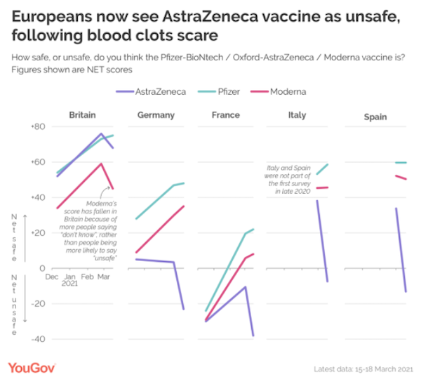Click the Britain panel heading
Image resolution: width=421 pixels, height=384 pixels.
click(x=82, y=114)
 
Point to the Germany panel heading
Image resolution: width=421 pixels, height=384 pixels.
click(x=156, y=115)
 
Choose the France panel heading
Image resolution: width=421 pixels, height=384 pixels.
click(x=226, y=115)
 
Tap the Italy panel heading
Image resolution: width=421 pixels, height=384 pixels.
click(x=297, y=114)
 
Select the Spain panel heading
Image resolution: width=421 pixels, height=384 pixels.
click(x=375, y=117)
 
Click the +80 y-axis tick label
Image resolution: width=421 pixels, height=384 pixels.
click(x=37, y=126)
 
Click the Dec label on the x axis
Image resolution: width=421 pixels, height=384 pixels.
click(x=52, y=277)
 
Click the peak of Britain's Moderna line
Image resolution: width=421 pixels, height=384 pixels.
click(x=102, y=164)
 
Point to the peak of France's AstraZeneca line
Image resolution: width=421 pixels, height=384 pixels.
click(x=245, y=286)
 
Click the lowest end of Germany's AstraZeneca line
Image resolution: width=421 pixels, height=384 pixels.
click(x=184, y=310)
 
